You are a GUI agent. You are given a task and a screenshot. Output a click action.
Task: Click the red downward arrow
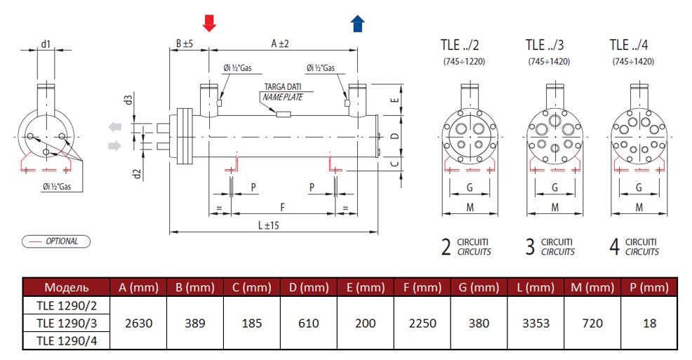click(x=209, y=24)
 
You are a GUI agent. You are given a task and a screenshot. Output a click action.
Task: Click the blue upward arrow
click(x=358, y=25)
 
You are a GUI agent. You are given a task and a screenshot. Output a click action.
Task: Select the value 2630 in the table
click(x=138, y=323)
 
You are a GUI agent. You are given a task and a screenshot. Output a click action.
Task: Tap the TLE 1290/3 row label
click(x=67, y=323)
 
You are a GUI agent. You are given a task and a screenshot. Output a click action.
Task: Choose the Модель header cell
click(x=67, y=287)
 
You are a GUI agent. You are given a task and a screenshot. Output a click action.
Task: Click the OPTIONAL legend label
click(x=61, y=241)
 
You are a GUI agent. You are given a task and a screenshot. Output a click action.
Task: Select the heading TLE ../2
click(x=460, y=45)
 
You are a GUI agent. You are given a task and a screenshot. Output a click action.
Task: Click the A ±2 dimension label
click(x=280, y=44)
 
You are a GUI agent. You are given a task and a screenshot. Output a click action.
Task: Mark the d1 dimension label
click(x=46, y=44)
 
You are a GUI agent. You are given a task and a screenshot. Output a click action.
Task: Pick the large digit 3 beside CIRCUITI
click(x=530, y=246)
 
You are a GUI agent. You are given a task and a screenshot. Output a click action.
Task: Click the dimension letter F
click(x=283, y=208)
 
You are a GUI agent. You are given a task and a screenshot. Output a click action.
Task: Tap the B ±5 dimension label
click(x=184, y=44)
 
